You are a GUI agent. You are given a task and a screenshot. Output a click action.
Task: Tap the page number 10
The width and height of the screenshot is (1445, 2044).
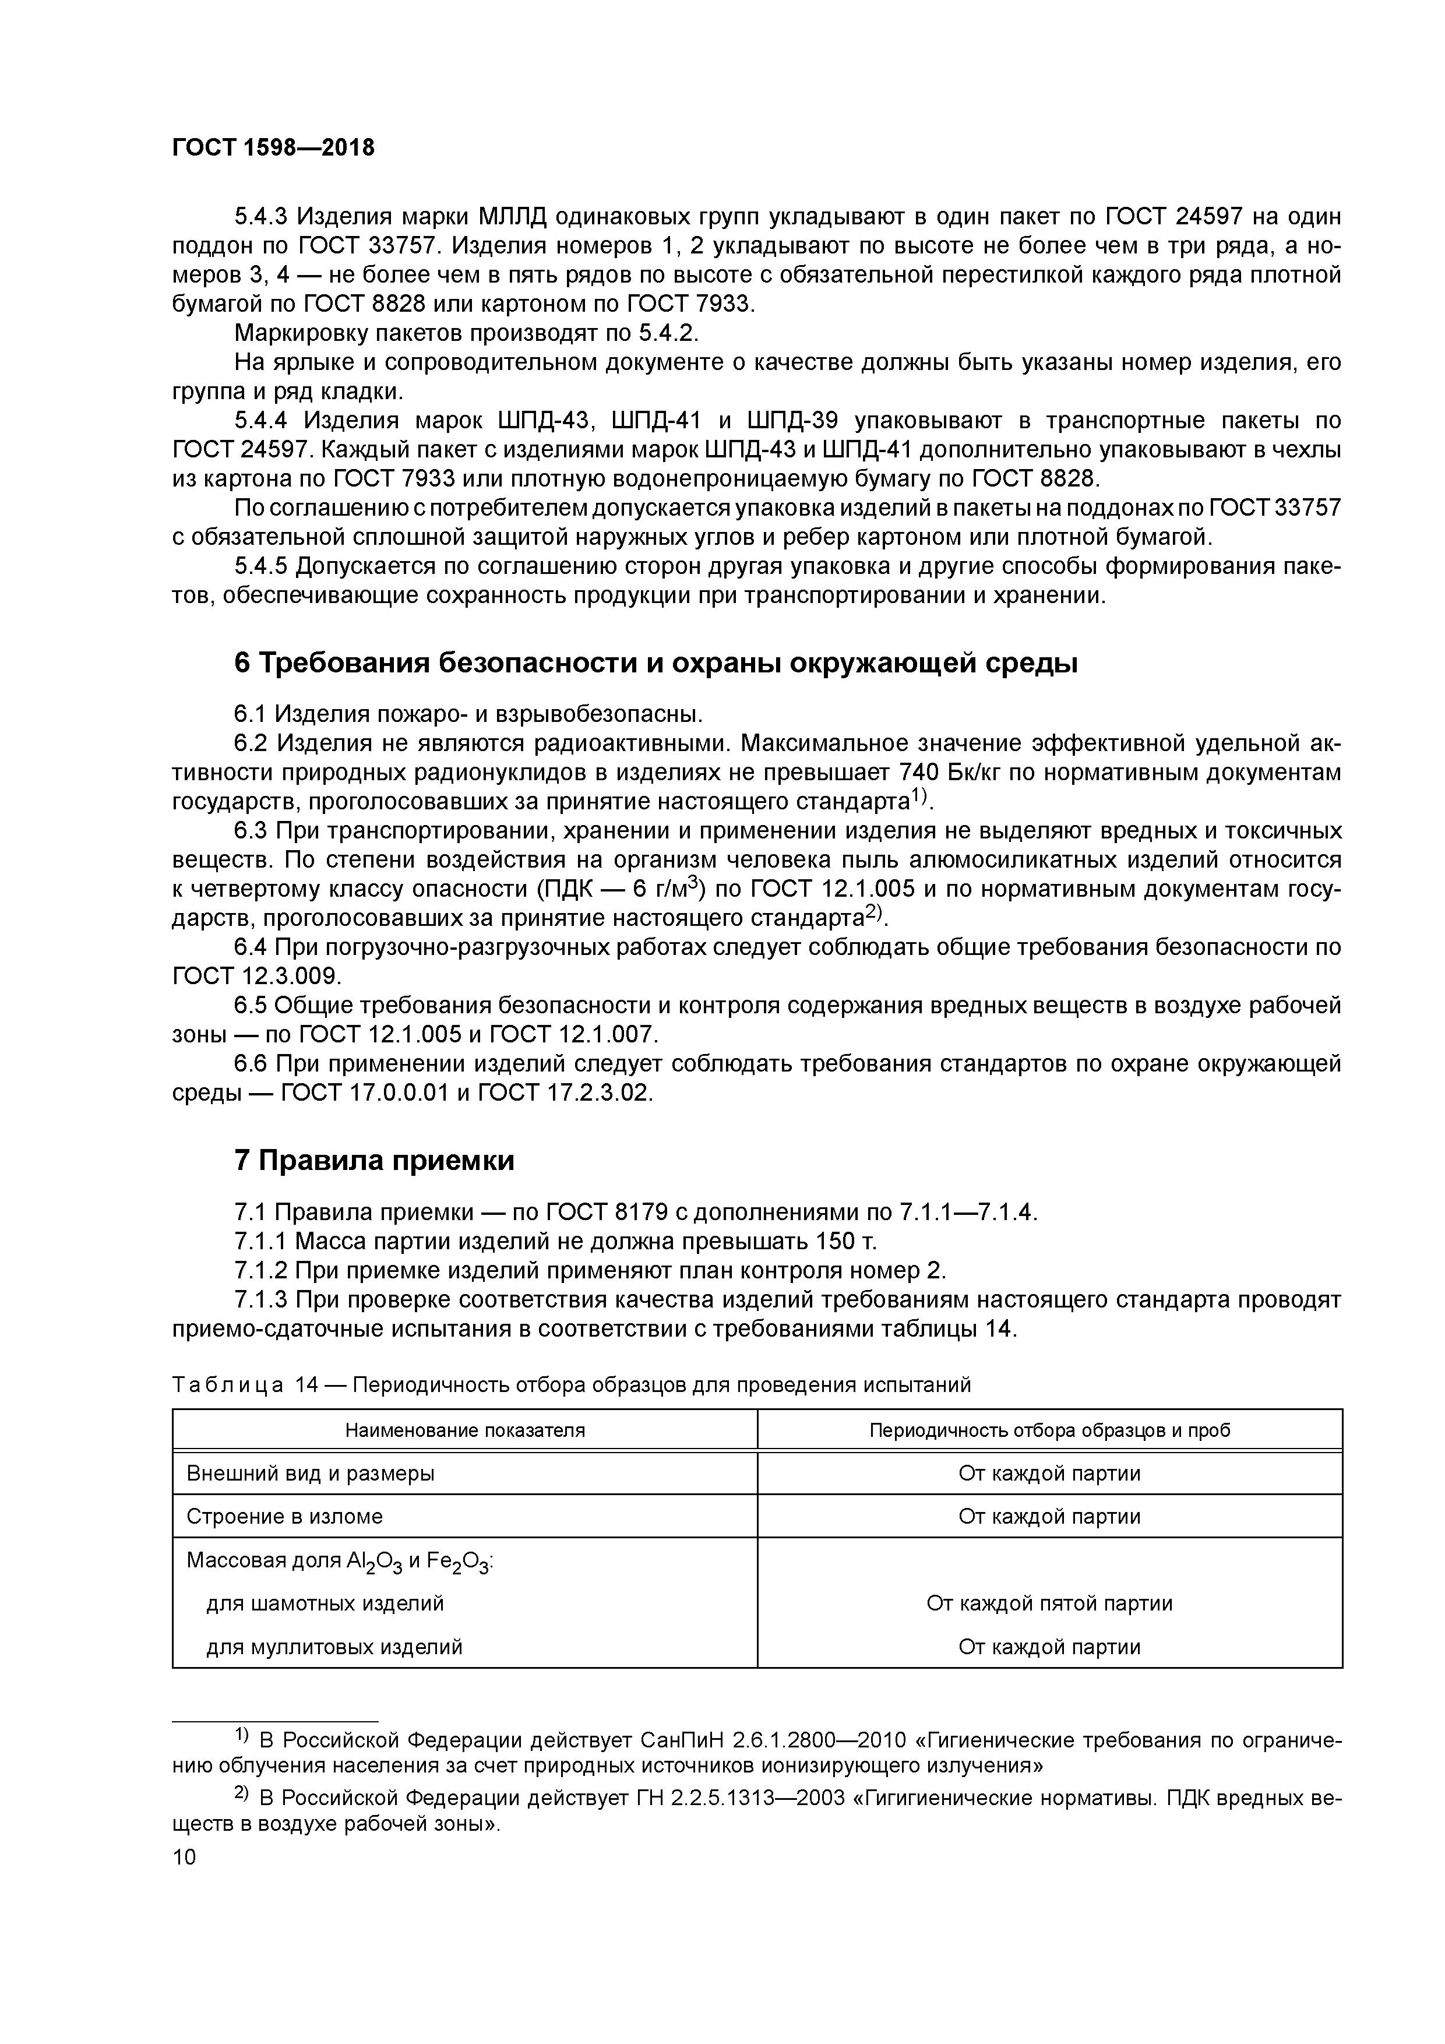[184, 1857]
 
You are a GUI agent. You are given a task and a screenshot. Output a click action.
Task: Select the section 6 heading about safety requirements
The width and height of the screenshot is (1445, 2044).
[655, 662]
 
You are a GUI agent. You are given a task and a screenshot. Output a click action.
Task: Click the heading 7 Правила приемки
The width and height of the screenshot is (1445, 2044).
[374, 1161]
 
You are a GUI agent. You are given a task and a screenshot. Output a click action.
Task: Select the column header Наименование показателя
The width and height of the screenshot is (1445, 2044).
[465, 1430]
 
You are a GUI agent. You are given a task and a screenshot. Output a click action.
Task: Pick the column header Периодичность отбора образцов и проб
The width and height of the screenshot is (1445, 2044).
[1050, 1430]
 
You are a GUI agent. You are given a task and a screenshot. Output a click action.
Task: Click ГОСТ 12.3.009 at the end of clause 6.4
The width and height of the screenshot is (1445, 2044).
[256, 976]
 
